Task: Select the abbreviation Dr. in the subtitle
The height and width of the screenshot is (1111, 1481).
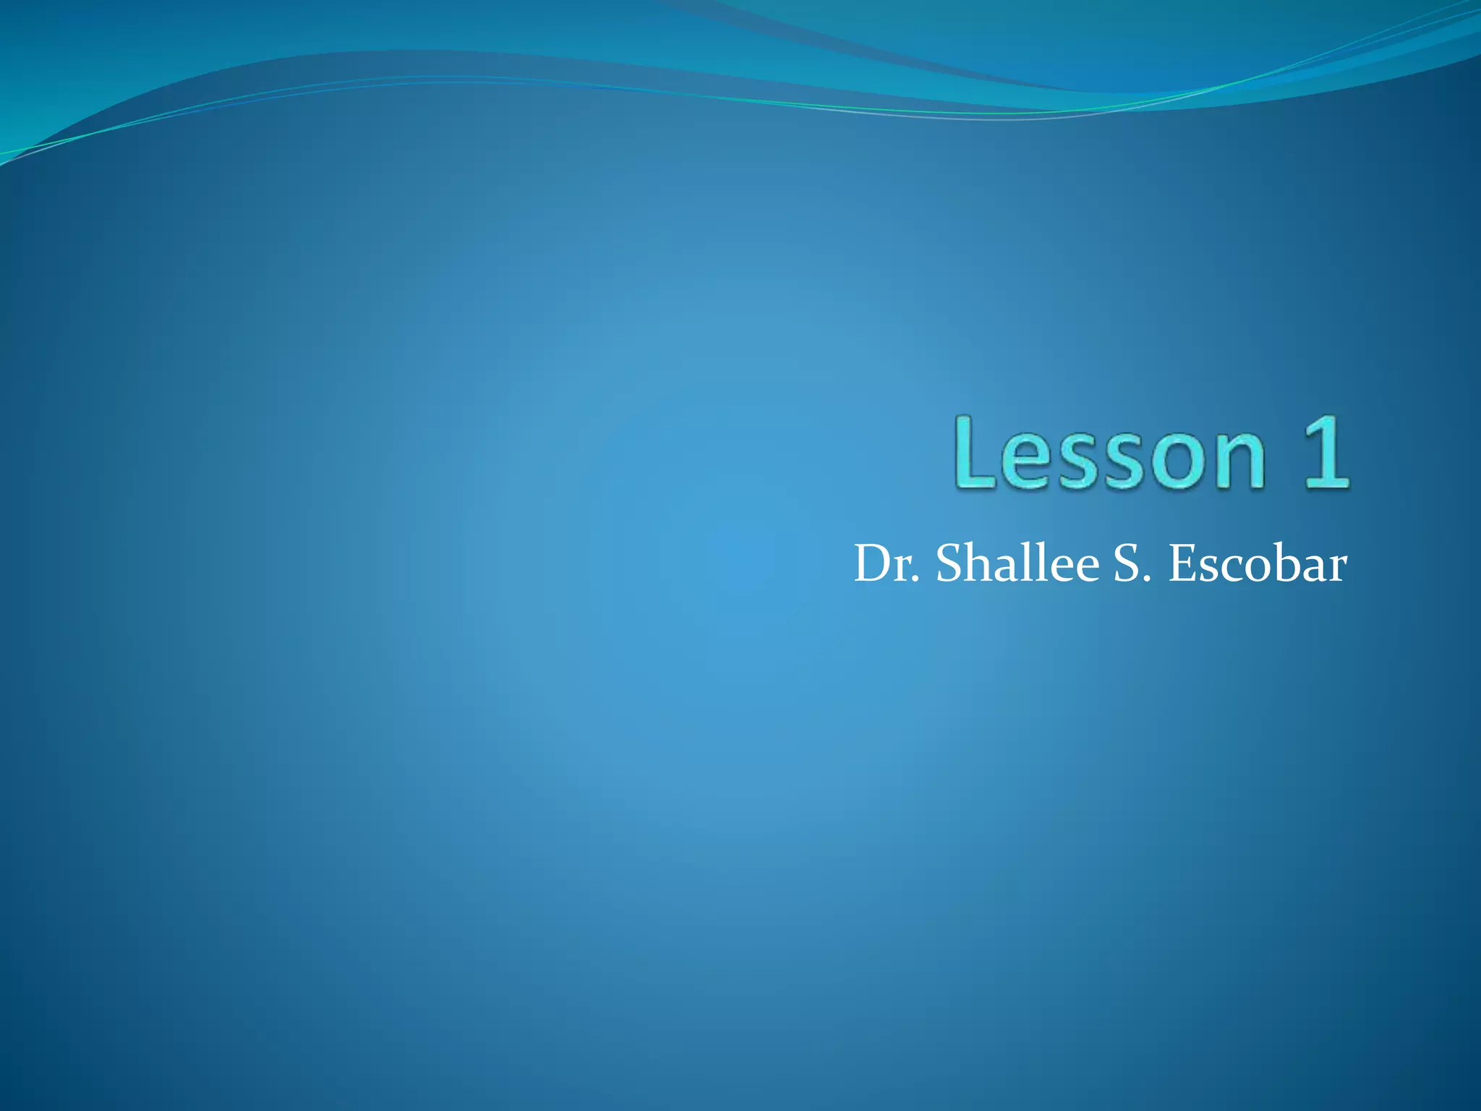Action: [887, 563]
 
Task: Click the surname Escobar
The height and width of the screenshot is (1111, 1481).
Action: [1258, 563]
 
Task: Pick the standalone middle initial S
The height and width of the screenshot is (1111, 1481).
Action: [1126, 563]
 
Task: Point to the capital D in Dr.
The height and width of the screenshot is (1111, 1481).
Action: [876, 563]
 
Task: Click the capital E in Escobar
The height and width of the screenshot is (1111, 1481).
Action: [1182, 563]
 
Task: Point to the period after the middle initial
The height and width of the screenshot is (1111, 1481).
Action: [1145, 580]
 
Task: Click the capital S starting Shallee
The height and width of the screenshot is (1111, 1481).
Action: [949, 563]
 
